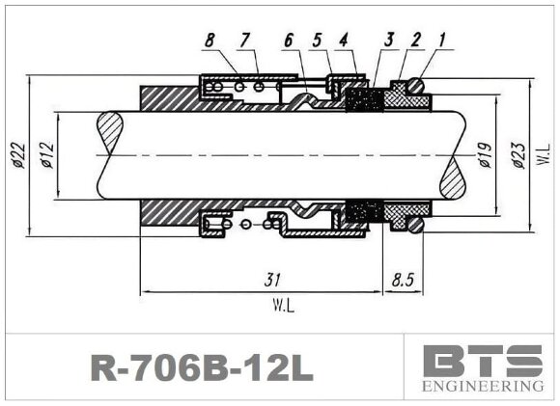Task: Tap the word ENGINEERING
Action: pyautogui.click(x=483, y=387)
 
